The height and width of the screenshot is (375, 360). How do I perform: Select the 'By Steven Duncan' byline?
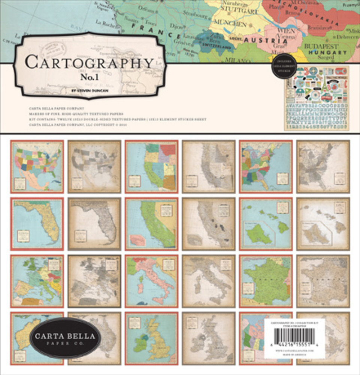[x=90, y=90]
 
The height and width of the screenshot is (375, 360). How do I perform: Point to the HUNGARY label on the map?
[x=328, y=52]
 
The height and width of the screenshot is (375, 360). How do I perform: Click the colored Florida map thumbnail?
[x=37, y=224]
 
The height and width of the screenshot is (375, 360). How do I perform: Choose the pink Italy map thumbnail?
[x=151, y=281]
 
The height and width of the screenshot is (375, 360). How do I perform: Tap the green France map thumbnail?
[x=266, y=281]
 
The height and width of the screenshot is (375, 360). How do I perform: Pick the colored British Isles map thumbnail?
[x=151, y=339]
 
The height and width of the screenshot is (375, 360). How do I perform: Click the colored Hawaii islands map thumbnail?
[x=266, y=224]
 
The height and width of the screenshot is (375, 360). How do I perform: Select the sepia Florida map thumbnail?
[x=94, y=224]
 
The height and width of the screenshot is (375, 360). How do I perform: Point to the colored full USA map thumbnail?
[x=37, y=166]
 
